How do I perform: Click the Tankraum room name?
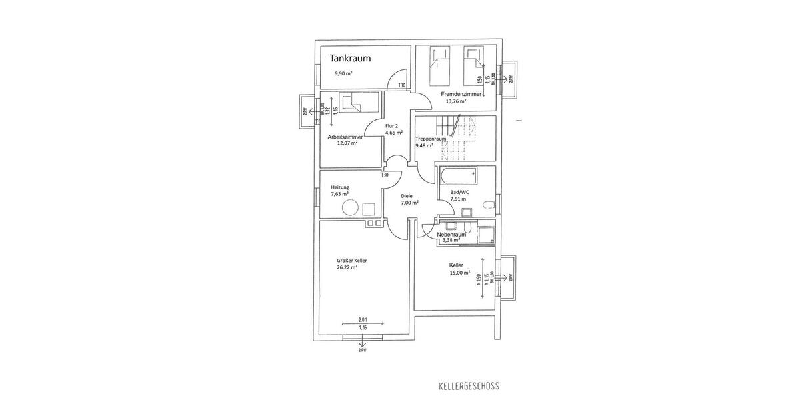(x=350, y=58)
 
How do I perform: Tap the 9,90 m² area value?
(x=343, y=73)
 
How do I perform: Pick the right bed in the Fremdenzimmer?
(x=474, y=63)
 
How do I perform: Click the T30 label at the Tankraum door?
(x=401, y=85)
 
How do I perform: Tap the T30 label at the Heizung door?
(x=385, y=175)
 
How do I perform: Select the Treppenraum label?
(x=430, y=139)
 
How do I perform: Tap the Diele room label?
(x=407, y=197)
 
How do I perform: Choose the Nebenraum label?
(x=451, y=235)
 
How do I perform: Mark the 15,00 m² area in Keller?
(x=459, y=272)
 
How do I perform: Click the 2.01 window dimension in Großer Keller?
(x=363, y=319)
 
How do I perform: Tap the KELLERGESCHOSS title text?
(x=469, y=386)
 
